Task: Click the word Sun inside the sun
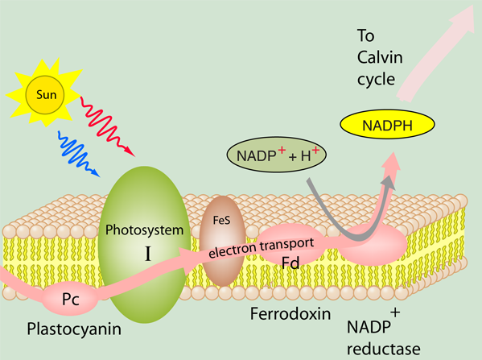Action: coord(47,95)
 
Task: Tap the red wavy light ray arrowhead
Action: coord(130,152)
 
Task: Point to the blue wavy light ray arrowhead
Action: coord(96,173)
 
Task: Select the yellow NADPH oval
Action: coord(387,124)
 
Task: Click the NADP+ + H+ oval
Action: coord(276,155)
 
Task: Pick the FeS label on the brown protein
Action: coord(221,221)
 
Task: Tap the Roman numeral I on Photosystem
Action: coord(148,254)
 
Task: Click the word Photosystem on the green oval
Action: coord(144,230)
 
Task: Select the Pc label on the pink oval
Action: coord(70,299)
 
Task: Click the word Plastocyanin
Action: coord(74,329)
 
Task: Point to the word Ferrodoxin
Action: coord(290,314)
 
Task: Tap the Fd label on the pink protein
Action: coord(290,263)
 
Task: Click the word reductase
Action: coord(384,350)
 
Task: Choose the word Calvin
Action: coord(380,57)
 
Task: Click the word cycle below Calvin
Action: coord(376,80)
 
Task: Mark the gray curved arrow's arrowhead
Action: coord(389,183)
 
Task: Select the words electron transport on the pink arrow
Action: coord(262,248)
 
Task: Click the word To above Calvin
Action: coord(366,35)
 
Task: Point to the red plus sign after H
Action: coord(315,151)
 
